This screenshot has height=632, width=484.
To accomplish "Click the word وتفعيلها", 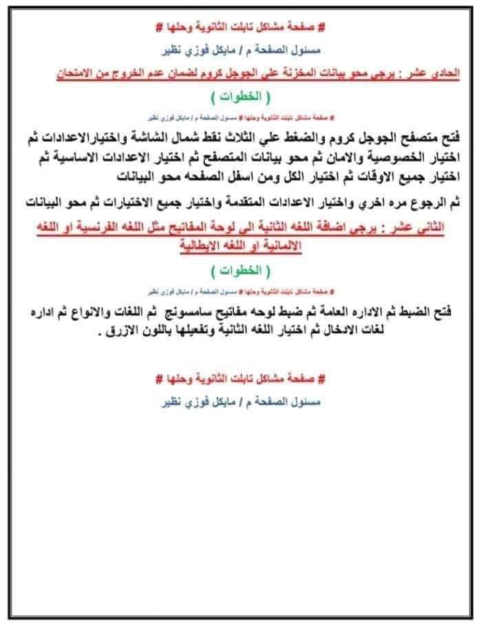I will tap(210, 330).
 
